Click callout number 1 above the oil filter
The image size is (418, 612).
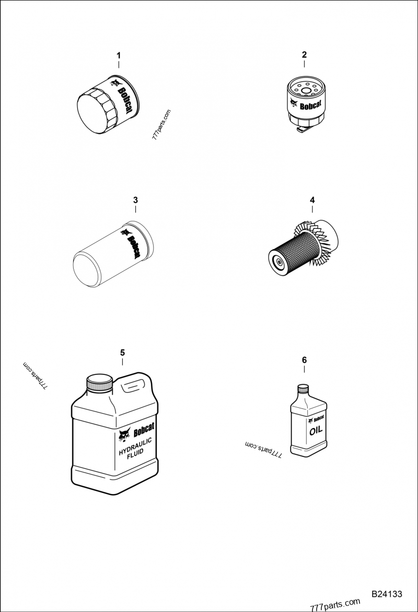tap(119, 55)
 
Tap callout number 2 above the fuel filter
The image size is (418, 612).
tap(304, 55)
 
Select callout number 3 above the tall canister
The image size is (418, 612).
tap(135, 200)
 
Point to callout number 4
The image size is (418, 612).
tap(312, 200)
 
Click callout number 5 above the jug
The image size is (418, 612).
tap(122, 352)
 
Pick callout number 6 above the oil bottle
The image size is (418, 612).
tap(304, 359)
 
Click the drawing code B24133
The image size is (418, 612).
tap(386, 594)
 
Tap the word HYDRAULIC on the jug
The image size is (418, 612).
tap(135, 448)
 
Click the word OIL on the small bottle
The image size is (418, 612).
tap(316, 430)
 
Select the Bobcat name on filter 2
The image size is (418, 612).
tap(310, 104)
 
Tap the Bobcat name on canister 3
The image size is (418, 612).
tap(134, 246)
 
